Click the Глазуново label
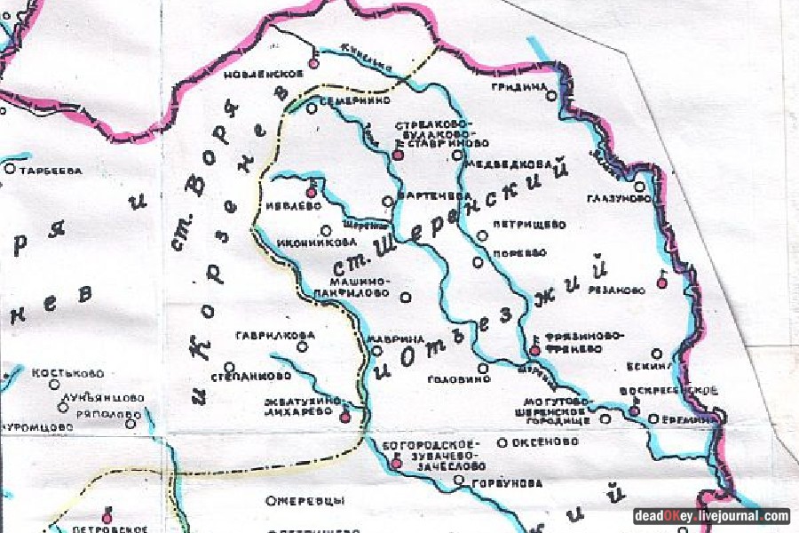point(619,199)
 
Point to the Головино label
point(459,379)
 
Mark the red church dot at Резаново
point(661,282)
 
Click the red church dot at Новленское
point(312,63)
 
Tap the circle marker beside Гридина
point(551,95)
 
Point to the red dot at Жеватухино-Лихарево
point(345,417)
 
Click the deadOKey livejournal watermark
point(711,516)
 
